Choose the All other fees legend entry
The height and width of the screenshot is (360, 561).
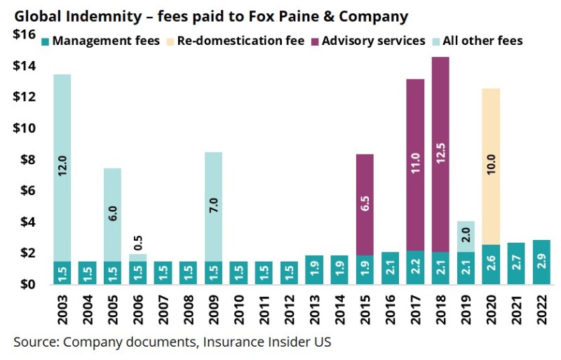(481, 41)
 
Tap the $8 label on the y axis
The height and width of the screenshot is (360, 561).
(26, 159)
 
